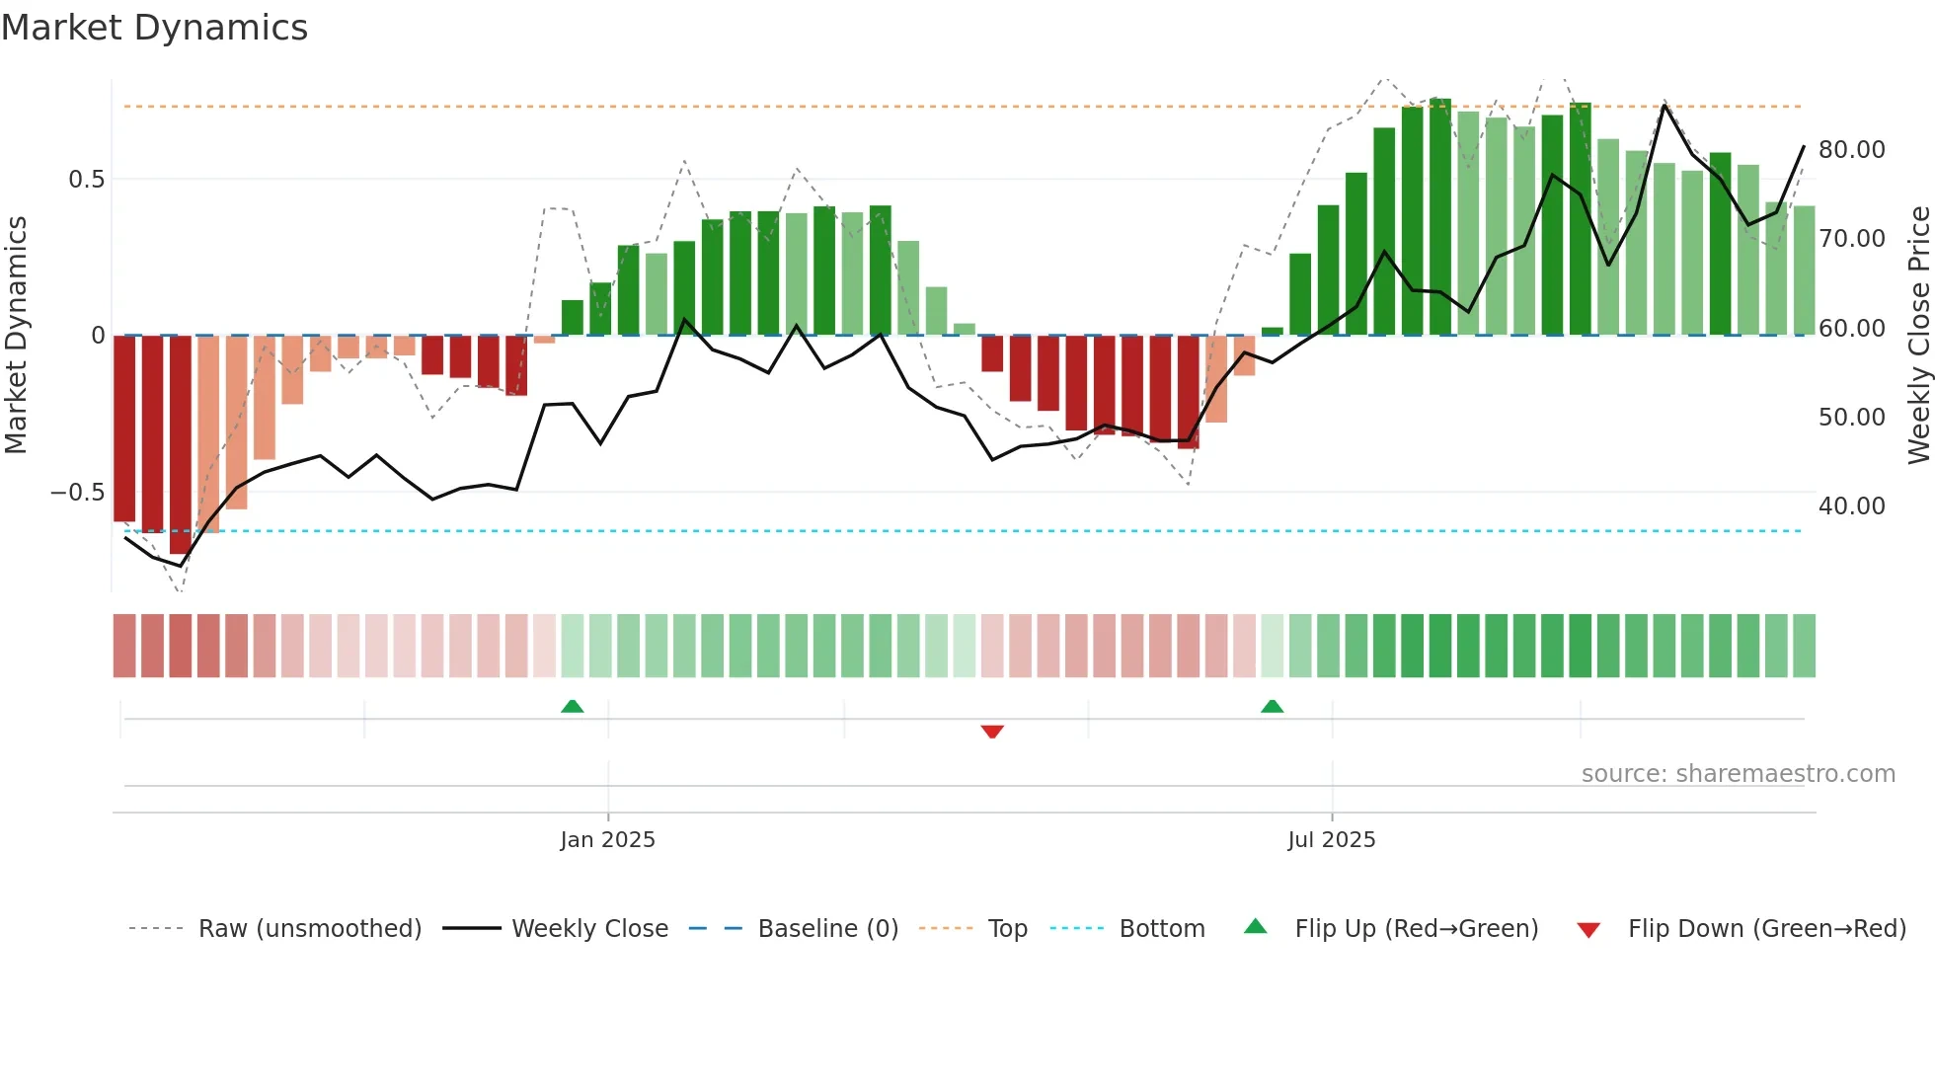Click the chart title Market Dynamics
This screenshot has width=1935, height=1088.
click(x=154, y=28)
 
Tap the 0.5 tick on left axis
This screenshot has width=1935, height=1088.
click(x=86, y=180)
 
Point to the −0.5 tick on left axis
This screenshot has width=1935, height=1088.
click(x=78, y=493)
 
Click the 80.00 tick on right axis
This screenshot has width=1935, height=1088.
click(x=1851, y=150)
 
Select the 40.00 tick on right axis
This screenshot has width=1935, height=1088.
click(x=1851, y=506)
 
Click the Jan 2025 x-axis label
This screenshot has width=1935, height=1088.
click(x=607, y=840)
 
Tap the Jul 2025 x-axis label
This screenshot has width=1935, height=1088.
click(x=1331, y=840)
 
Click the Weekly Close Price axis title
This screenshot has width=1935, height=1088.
click(x=1918, y=336)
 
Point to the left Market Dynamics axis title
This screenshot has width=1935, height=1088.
click(x=16, y=336)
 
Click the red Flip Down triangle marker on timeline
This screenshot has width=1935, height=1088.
click(x=992, y=732)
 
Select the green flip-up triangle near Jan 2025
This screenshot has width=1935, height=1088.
click(x=573, y=706)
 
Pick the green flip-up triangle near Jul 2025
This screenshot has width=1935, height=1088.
click(x=1272, y=706)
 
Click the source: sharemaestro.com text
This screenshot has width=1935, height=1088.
click(x=1738, y=774)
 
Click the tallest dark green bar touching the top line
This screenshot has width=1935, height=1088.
click(x=1440, y=217)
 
